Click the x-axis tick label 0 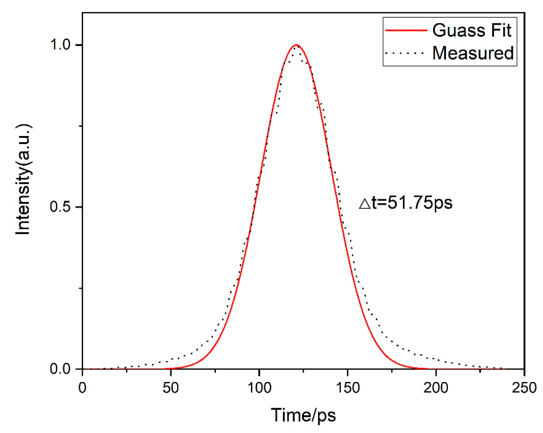82,388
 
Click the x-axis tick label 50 171,388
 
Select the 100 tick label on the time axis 259,388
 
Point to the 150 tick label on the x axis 348,388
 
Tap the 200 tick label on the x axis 436,388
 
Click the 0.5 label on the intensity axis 61,207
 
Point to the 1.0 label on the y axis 61,45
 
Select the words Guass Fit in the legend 472,31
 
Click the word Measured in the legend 473,53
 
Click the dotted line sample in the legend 406,53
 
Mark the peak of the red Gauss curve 296,45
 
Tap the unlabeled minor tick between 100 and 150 304,371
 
